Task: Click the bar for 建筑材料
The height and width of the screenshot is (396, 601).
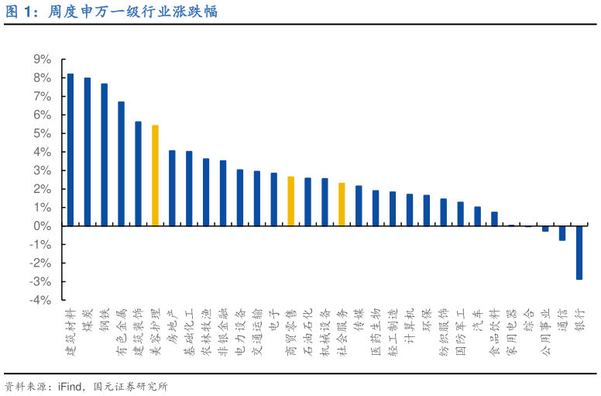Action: point(70,150)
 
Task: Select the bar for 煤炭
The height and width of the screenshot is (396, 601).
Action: point(88,152)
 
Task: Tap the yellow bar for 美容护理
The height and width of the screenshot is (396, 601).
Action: point(155,175)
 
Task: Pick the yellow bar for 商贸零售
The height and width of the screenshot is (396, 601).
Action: point(290,201)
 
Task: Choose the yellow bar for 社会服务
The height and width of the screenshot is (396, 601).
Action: point(342,204)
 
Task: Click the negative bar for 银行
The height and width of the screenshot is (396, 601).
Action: point(579,253)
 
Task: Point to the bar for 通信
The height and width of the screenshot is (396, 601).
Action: point(562,233)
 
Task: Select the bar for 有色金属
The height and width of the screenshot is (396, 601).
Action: point(121,164)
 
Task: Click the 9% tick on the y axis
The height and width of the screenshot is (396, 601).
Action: point(42,60)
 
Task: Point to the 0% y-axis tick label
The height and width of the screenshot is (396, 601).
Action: point(42,226)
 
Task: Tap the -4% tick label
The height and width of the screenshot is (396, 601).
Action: point(40,300)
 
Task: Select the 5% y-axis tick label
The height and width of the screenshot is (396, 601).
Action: point(42,133)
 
